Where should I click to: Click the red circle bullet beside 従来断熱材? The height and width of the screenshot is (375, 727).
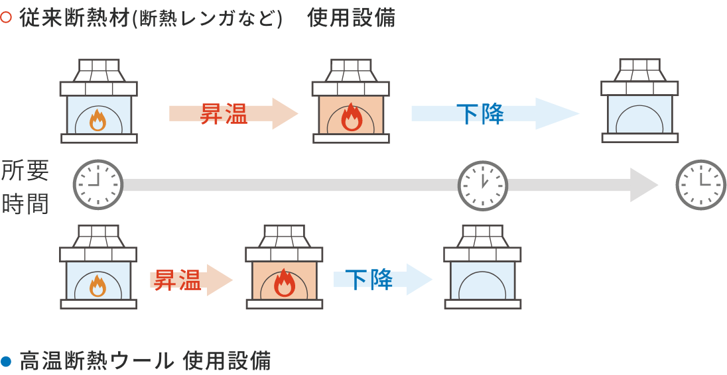[x=6, y=18]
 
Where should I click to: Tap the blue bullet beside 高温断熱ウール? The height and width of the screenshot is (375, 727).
[x=6, y=361]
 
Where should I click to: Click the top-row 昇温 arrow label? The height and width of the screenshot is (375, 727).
[x=224, y=114]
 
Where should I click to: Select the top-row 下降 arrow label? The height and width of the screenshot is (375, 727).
[x=480, y=114]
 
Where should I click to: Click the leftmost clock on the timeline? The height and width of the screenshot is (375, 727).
[x=98, y=185]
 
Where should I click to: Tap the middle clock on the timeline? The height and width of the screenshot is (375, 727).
[x=483, y=185]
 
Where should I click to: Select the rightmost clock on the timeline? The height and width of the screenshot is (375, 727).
[x=700, y=185]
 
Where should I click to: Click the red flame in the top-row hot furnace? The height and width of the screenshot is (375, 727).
[x=351, y=119]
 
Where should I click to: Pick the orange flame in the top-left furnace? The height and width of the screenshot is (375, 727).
[x=98, y=120]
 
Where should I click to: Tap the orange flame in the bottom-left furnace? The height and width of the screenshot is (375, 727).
[x=98, y=285]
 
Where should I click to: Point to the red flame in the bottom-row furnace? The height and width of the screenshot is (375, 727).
[x=284, y=283]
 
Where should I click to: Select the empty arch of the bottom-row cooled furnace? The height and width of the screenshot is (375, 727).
[x=482, y=286]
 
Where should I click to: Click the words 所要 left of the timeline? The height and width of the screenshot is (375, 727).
[x=25, y=172]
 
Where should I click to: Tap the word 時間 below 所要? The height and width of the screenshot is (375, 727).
[x=25, y=204]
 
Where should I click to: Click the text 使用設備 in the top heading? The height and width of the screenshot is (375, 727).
[x=351, y=18]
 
